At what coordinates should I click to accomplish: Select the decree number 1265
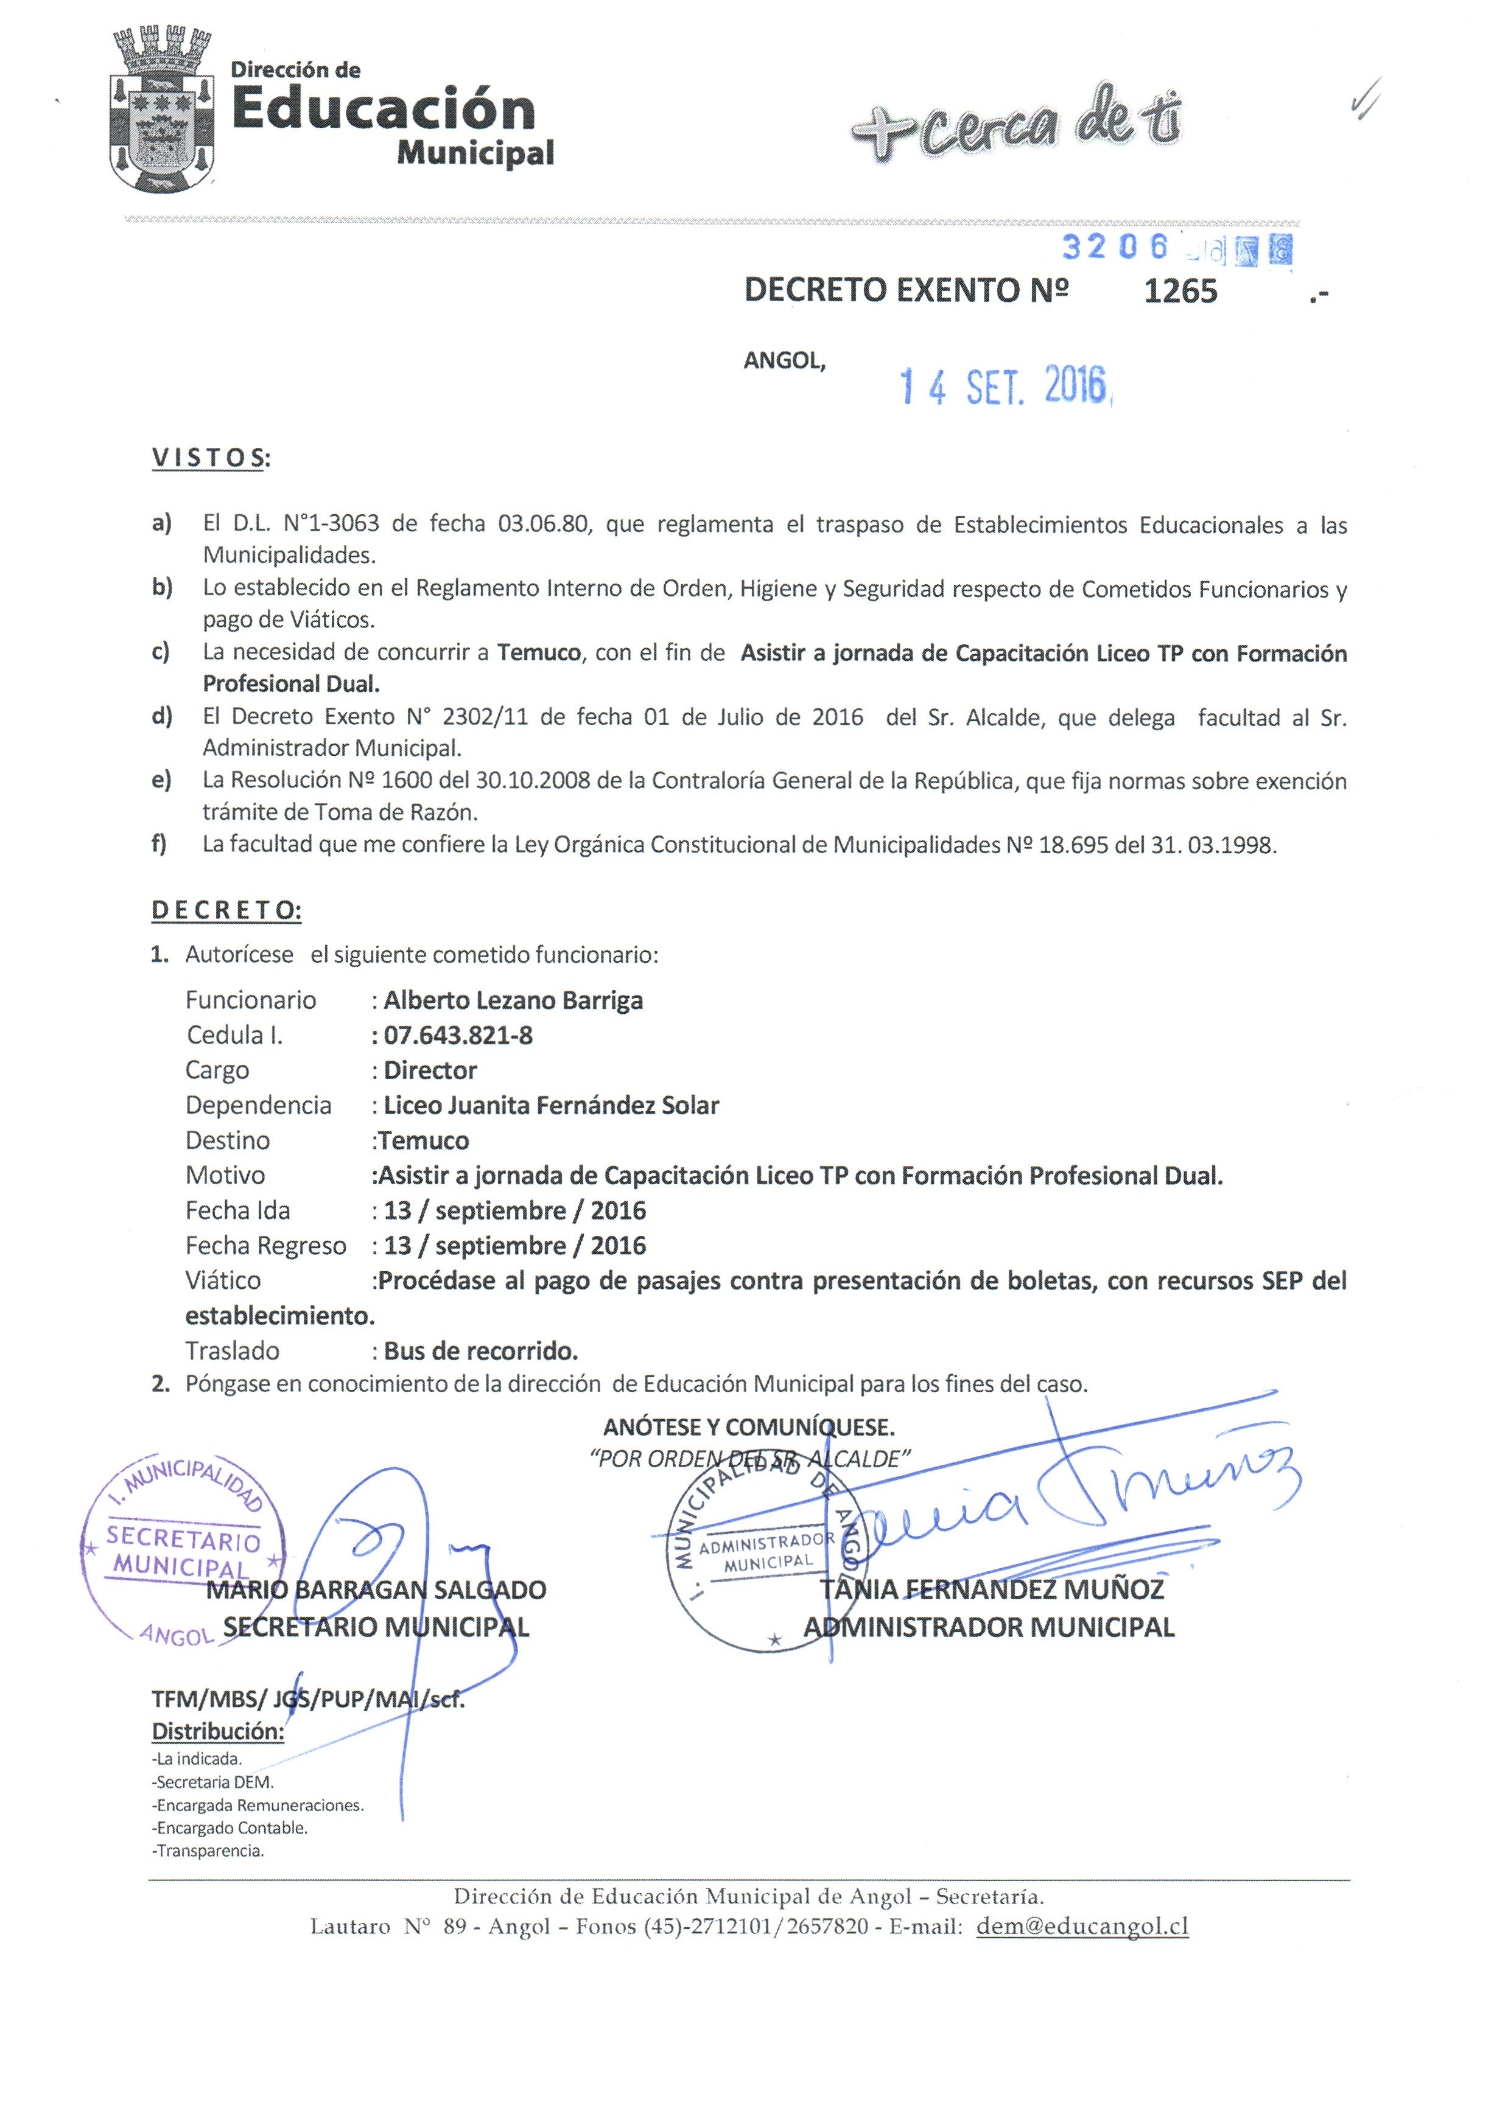pos(1180,291)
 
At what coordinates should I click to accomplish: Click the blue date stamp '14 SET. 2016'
pos(1005,387)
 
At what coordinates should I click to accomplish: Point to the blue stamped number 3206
pos(1115,246)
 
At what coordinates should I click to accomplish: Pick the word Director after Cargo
pos(430,1071)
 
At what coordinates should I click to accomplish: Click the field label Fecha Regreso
pos(265,1246)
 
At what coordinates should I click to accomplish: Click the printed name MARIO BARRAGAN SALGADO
pos(376,1590)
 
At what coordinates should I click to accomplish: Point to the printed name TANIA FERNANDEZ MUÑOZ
pos(991,1590)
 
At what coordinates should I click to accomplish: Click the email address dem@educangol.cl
pos(1082,1927)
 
